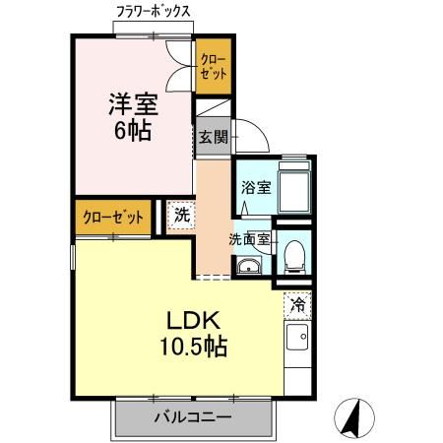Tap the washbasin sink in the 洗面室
(x=247, y=266)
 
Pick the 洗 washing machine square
(x=180, y=215)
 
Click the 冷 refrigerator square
(x=295, y=304)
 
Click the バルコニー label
(x=191, y=417)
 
